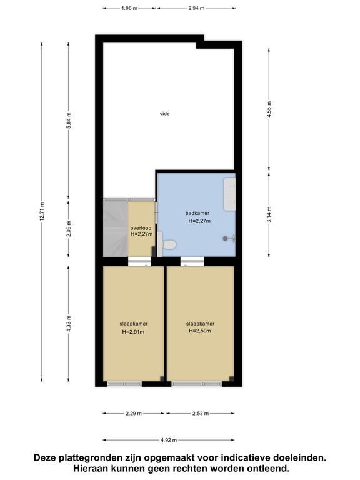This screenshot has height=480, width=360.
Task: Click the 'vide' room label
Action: point(165,114)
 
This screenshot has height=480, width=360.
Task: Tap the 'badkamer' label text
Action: point(197,213)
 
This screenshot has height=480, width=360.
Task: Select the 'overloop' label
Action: point(141,228)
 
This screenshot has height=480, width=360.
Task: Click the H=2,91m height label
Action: point(133,331)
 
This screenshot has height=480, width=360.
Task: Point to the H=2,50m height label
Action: point(200,331)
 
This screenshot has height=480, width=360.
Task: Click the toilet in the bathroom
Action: point(166,244)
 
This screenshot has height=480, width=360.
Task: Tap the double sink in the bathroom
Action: point(229,194)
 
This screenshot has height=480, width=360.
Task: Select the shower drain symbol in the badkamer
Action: point(226,239)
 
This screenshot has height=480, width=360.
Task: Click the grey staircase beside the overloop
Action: point(116,229)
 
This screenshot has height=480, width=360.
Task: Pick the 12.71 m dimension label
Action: point(42,211)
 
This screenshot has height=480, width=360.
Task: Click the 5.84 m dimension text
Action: point(69,121)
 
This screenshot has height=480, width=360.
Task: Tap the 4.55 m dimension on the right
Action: point(269,109)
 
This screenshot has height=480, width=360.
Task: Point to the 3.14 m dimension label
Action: point(269,214)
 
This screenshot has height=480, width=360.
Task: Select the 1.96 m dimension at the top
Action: point(129,8)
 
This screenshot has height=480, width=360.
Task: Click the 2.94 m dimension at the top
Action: point(196,8)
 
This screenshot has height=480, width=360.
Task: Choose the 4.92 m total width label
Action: point(169,440)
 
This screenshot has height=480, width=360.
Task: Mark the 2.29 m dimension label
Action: point(134,414)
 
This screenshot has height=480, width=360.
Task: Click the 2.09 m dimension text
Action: point(69,229)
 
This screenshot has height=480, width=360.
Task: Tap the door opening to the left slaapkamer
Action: point(139,261)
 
